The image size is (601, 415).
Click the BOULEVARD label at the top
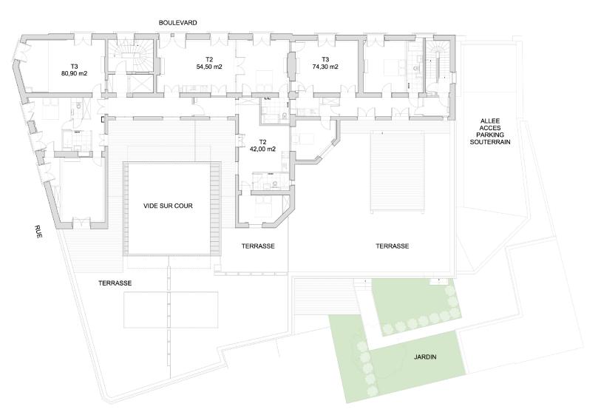click(178, 23)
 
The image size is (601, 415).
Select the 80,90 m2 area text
click(74, 73)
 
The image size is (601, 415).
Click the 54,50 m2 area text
click(209, 67)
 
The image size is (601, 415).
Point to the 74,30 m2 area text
click(325, 67)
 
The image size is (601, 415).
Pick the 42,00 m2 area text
click(262, 149)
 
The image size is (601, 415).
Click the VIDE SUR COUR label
click(168, 206)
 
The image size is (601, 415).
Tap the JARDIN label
click(425, 357)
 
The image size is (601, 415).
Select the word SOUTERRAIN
click(491, 141)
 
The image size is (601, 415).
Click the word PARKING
click(491, 135)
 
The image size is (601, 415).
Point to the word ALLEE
click(491, 121)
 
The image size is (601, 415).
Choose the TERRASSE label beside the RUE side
click(115, 283)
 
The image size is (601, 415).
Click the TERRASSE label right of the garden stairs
click(392, 246)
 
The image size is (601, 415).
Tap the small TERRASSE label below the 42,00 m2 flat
click(258, 246)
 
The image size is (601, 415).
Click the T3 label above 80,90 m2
click(74, 67)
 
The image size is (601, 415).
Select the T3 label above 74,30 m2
click(325, 60)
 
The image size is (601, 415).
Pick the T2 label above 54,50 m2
click(209, 60)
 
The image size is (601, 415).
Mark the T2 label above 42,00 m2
click(262, 142)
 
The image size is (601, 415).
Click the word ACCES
click(491, 127)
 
